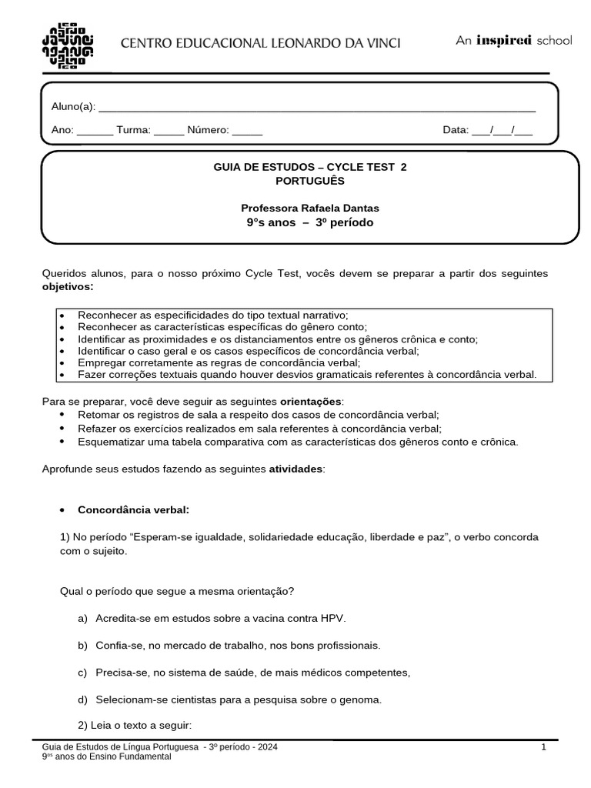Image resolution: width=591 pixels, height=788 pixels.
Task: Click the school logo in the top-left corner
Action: coord(67,43)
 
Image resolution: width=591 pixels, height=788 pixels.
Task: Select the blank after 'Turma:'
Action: coord(169,131)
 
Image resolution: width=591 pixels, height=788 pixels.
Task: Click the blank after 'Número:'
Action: coord(247,131)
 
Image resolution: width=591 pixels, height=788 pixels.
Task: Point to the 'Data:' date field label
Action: coord(455,130)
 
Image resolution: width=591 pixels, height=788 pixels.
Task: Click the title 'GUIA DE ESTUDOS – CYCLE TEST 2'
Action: coord(309,167)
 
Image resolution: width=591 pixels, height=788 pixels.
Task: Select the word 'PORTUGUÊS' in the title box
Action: coord(309,181)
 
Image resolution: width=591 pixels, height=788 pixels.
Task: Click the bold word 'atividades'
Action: coord(296,468)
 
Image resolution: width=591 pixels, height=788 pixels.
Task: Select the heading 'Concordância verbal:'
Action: coord(133,509)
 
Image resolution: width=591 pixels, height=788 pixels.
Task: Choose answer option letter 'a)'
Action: coord(82,618)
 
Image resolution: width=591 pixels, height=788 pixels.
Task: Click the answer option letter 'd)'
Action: coord(82,700)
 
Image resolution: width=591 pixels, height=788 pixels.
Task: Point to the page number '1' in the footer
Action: coord(543,746)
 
